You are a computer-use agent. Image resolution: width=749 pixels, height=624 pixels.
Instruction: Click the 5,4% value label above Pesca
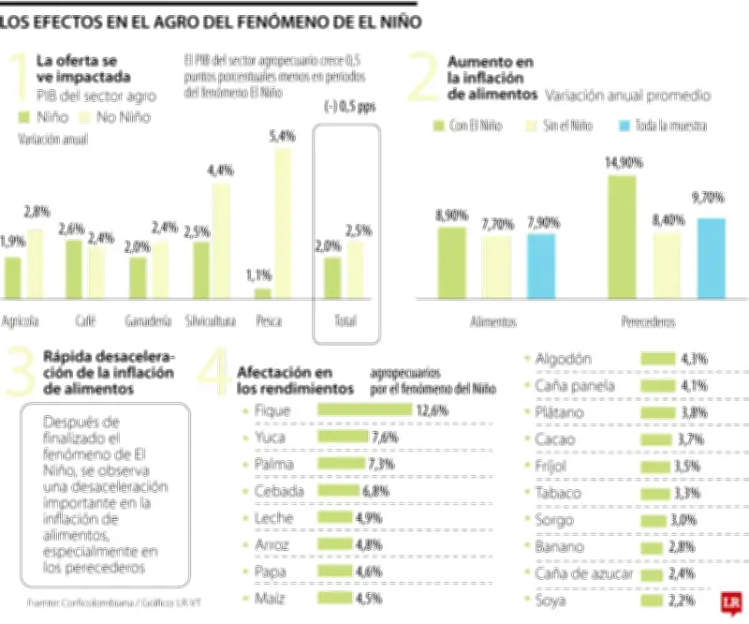tap(282, 137)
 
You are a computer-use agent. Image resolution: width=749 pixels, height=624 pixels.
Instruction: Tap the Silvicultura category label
tap(210, 320)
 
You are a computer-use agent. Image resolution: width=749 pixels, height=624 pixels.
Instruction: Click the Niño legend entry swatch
tap(25, 118)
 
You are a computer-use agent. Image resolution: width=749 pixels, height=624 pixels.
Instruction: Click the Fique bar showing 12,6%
tap(364, 410)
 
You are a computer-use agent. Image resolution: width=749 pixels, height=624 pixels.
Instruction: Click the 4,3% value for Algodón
tap(694, 358)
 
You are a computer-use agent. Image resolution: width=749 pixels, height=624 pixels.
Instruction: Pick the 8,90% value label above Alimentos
tap(452, 215)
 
